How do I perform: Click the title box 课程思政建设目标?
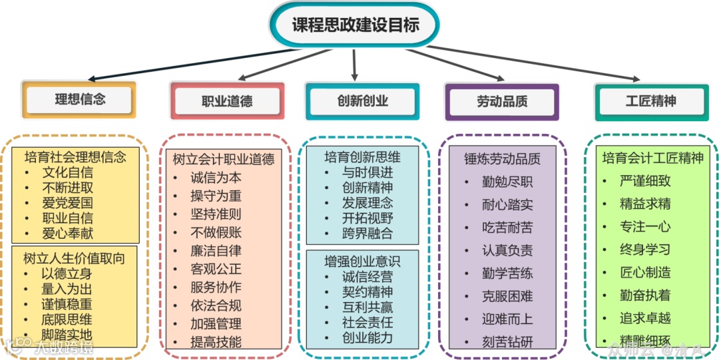click(356, 25)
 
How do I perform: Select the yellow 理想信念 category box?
click(80, 100)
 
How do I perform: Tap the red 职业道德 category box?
click(226, 101)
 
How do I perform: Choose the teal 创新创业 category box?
click(362, 101)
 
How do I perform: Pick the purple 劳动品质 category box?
click(502, 101)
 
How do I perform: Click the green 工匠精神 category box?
click(650, 101)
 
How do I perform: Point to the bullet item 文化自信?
click(67, 172)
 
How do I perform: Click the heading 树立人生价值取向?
click(74, 258)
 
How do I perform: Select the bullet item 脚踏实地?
click(67, 335)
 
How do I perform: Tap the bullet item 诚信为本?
click(216, 178)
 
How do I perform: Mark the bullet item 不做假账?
click(216, 232)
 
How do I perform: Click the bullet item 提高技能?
click(216, 342)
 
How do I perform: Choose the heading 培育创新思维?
click(362, 157)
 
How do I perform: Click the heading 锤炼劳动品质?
click(502, 159)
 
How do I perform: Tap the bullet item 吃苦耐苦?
click(507, 228)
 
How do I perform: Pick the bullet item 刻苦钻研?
click(507, 342)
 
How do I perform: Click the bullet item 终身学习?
click(644, 250)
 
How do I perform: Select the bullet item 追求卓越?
click(644, 318)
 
